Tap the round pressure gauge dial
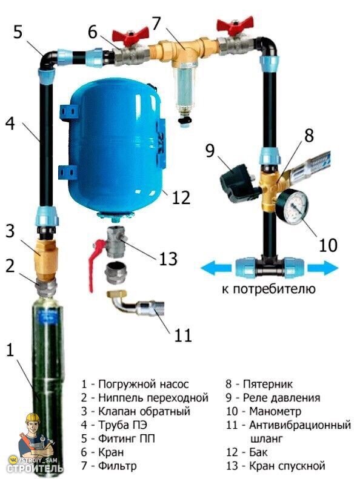pyautogui.click(x=292, y=207)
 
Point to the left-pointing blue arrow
pyautogui.click(x=216, y=268)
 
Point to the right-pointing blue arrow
pyautogui.click(x=322, y=268)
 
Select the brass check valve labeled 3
pyautogui.click(x=46, y=260)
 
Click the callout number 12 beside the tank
pyautogui.click(x=181, y=197)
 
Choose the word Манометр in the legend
pyautogui.click(x=275, y=411)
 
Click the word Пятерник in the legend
pyautogui.click(x=268, y=384)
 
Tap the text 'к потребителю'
pyautogui.click(x=268, y=289)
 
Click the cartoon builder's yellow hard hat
pyautogui.click(x=33, y=418)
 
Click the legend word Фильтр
pyautogui.click(x=117, y=466)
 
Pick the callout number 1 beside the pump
pyautogui.click(x=10, y=350)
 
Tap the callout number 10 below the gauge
pyautogui.click(x=328, y=245)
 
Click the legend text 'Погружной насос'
pyautogui.click(x=144, y=384)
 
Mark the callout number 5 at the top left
pyautogui.click(x=18, y=31)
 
